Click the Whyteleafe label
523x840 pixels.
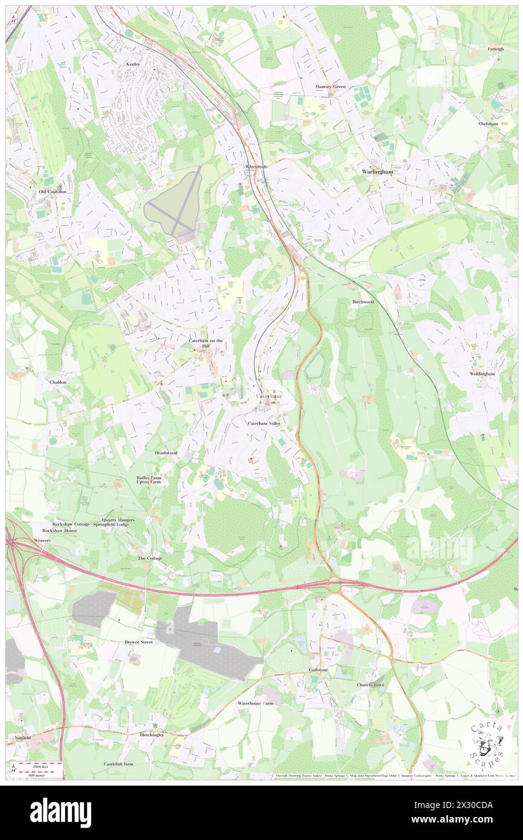(x=256, y=166)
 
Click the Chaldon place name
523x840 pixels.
(x=58, y=383)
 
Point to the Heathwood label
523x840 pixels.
(x=165, y=453)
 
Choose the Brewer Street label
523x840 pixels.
(x=138, y=642)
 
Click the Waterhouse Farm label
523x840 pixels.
(x=255, y=703)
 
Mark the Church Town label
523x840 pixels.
(x=370, y=685)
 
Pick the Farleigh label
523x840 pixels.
(x=496, y=49)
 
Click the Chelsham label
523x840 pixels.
(x=488, y=123)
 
